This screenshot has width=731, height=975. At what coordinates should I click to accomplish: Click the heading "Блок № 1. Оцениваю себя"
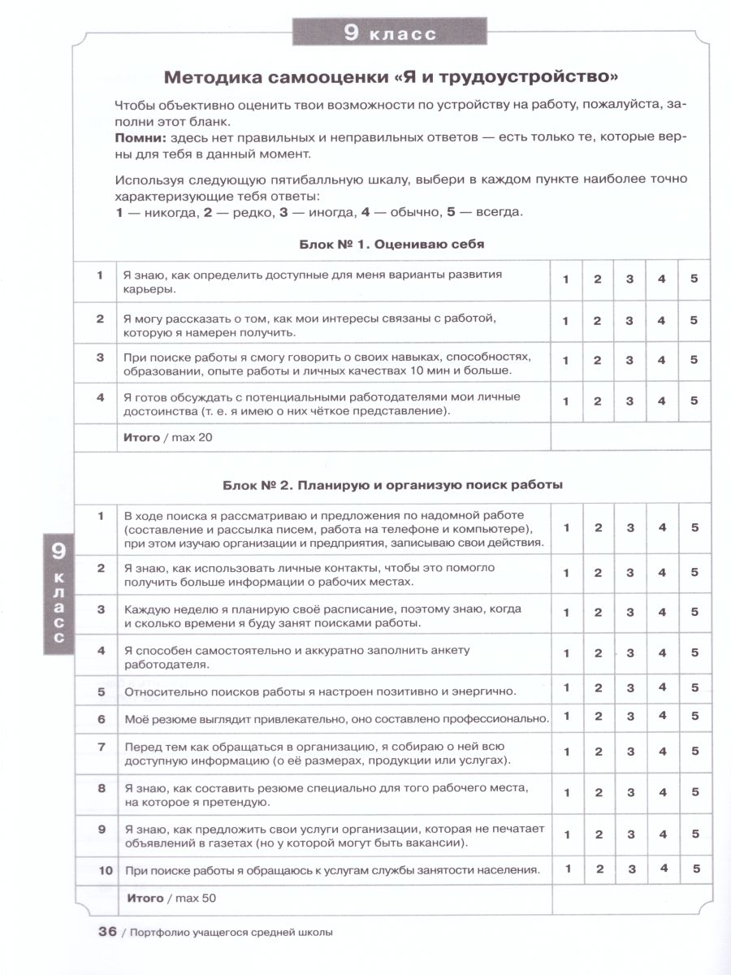pos(392,244)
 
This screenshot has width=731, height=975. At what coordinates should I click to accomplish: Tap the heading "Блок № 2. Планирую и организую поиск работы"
pos(392,484)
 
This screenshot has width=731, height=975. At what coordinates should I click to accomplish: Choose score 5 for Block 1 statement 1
pos(694,279)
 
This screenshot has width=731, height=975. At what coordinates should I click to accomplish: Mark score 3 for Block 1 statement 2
pos(629,320)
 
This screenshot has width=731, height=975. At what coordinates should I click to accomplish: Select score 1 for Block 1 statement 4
pos(566,401)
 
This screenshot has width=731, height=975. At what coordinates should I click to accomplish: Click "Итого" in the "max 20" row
pos(142,437)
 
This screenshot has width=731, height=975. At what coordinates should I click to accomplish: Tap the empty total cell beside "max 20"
pos(630,437)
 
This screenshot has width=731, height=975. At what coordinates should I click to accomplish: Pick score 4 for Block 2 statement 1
pos(662,527)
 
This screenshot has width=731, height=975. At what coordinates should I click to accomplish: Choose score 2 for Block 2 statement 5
pos(598,687)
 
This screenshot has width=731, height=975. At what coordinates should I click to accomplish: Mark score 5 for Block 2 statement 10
pos(694,868)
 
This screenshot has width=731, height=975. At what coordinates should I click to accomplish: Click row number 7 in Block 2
pos(102,746)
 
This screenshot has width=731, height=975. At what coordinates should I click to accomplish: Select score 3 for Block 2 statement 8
pos(629,792)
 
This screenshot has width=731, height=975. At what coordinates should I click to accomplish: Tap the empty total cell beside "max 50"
pos(630,898)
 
